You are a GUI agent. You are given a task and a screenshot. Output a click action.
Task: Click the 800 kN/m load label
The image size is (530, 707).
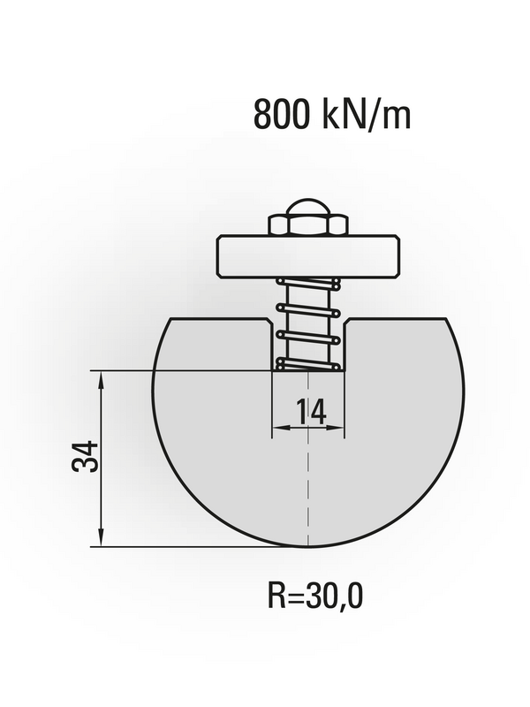pos(332,115)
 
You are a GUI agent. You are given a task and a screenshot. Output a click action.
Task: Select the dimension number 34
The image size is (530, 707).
pos(85,456)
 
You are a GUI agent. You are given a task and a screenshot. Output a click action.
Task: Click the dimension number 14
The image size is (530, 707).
pos(311,412)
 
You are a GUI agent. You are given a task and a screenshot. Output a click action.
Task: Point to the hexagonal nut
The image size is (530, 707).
pos(308,224)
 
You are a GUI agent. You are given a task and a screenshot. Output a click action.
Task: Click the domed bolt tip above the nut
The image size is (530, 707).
pos(308,207)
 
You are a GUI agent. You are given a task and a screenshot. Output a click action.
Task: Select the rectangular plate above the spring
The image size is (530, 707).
pos(308,255)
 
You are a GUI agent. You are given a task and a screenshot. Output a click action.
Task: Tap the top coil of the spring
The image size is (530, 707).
pos(308,284)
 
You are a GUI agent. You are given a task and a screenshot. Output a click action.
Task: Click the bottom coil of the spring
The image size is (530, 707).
pos(308,364)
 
